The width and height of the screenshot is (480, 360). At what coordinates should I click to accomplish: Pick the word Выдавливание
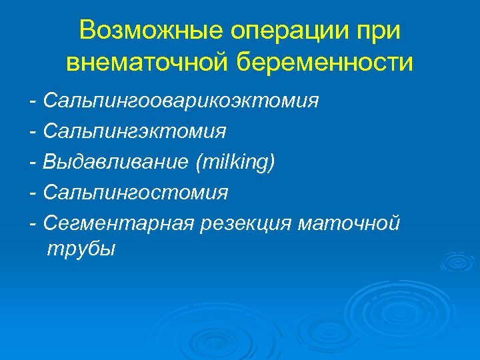(x=113, y=162)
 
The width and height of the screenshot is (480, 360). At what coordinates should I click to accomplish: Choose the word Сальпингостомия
(x=135, y=193)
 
